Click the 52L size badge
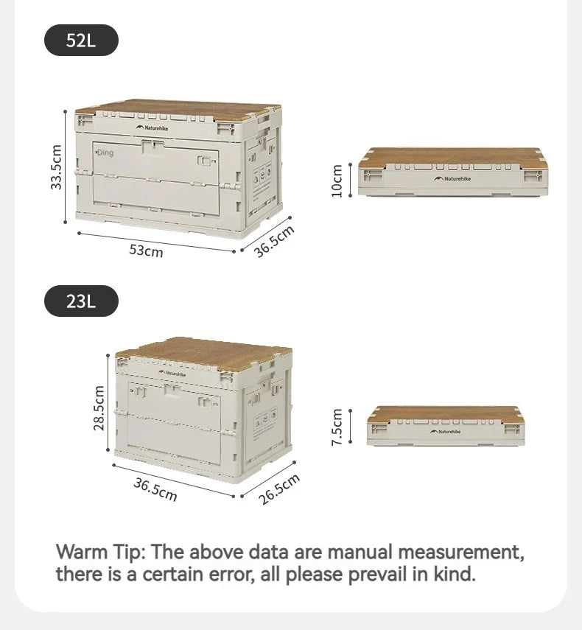point(81,40)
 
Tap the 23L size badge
point(81,301)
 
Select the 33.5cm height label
point(57,167)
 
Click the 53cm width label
point(146,250)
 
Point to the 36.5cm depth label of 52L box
point(274,240)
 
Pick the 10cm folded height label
point(337,180)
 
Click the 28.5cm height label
point(99,409)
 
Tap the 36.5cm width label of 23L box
point(155,489)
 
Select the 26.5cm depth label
point(279,489)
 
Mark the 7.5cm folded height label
point(337,427)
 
